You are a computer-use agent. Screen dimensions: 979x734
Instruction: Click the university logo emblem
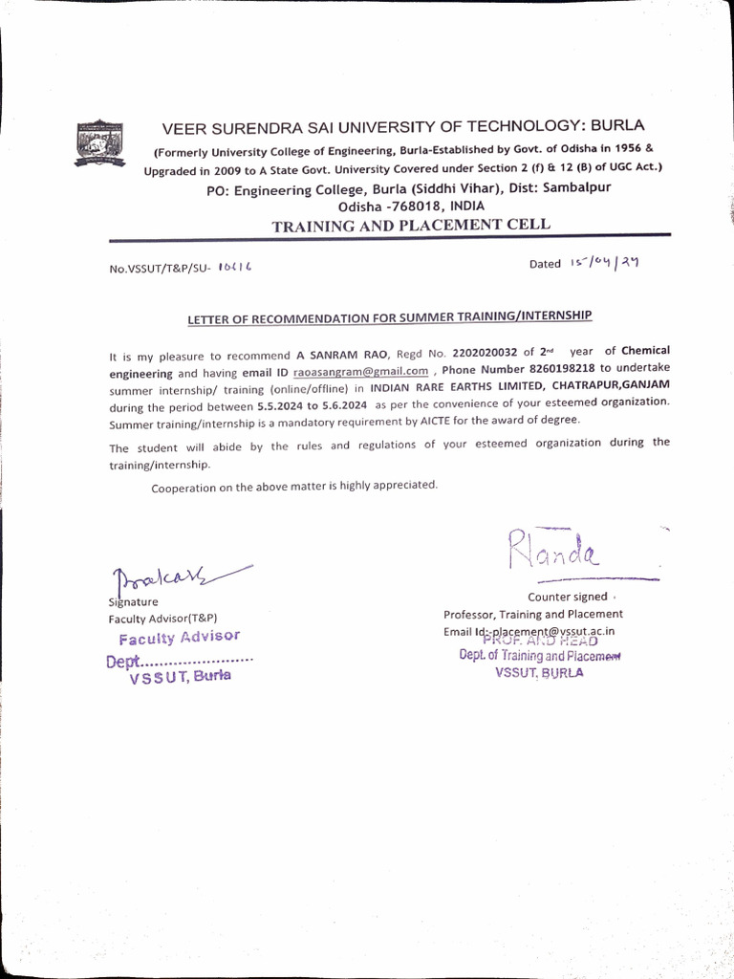pos(100,143)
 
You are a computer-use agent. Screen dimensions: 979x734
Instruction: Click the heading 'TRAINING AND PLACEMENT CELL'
pos(411,226)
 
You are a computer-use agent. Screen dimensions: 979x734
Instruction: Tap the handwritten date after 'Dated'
pos(603,263)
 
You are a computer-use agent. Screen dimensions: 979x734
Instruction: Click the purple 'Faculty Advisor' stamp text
pos(179,637)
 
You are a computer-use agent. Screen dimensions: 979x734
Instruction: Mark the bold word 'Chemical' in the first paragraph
pos(645,351)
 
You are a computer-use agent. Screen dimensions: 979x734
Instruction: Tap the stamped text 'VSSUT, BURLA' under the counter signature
pos(539,672)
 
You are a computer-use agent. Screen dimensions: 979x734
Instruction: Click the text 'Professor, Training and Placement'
pos(532,615)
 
